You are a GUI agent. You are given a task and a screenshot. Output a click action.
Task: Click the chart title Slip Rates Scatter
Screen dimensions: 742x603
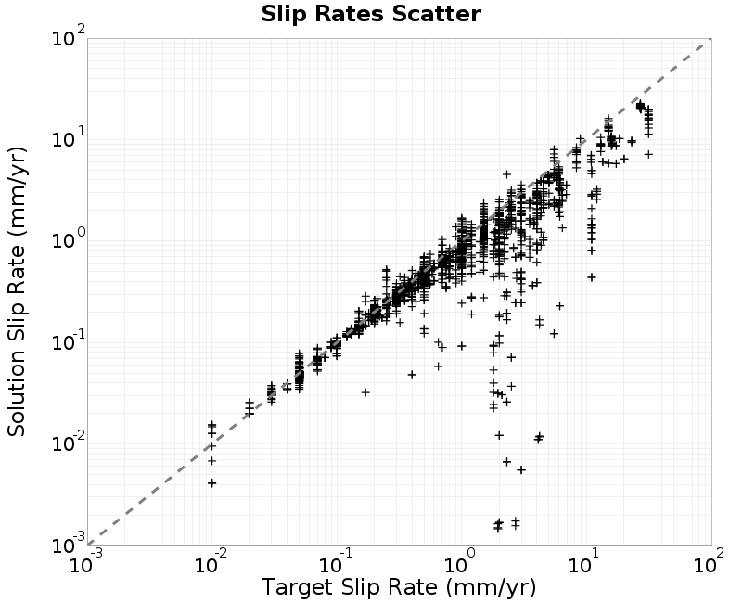(x=371, y=14)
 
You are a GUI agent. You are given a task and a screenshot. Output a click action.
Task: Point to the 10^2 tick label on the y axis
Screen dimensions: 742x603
(x=69, y=36)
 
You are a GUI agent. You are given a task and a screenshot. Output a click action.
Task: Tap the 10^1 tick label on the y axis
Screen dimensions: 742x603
(x=69, y=137)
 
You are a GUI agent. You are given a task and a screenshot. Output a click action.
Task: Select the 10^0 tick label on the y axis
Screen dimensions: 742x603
(x=69, y=239)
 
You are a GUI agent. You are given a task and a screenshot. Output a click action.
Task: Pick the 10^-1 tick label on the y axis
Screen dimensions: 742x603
(x=69, y=340)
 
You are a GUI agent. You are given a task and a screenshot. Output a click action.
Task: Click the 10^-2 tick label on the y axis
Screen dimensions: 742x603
(x=69, y=443)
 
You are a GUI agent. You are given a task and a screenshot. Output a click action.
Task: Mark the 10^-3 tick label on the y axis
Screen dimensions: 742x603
(x=69, y=544)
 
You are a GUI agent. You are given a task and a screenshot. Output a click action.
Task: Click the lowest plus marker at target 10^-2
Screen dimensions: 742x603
(x=212, y=482)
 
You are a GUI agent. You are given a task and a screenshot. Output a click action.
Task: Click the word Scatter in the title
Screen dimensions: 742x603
(x=436, y=14)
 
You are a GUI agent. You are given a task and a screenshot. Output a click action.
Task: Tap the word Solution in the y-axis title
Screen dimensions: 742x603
(x=17, y=385)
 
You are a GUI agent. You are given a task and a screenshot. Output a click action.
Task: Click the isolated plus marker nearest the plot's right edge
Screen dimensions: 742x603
(x=648, y=154)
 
